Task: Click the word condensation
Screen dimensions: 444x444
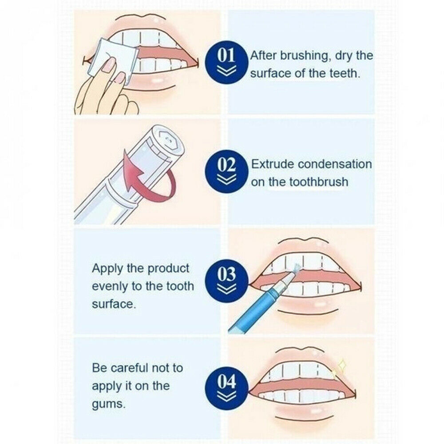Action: pyautogui.click(x=335, y=164)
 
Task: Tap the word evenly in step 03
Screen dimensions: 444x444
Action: pyautogui.click(x=110, y=286)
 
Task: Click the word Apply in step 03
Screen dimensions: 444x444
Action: pyautogui.click(x=106, y=269)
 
